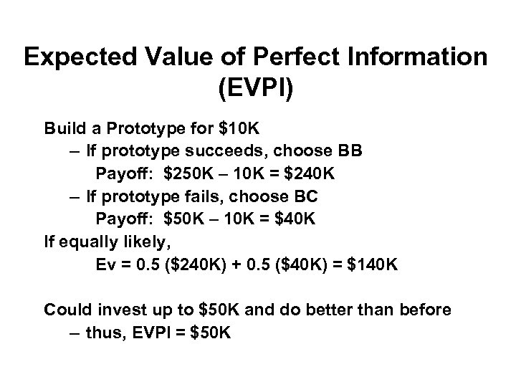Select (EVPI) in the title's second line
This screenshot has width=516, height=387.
click(258, 91)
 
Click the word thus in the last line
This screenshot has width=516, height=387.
click(104, 333)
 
